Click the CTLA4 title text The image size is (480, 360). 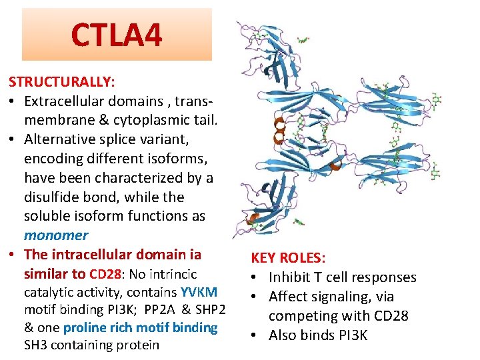point(117,35)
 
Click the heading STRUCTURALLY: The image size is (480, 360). point(61,81)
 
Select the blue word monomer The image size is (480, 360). point(56,235)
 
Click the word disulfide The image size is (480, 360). point(51,197)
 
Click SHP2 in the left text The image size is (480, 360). point(208,310)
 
